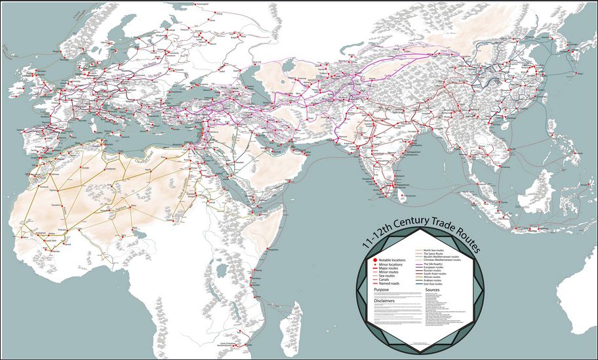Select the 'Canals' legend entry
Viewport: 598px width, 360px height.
[383, 279]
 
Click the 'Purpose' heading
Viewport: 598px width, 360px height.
[382, 289]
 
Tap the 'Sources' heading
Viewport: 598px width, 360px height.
[433, 289]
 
